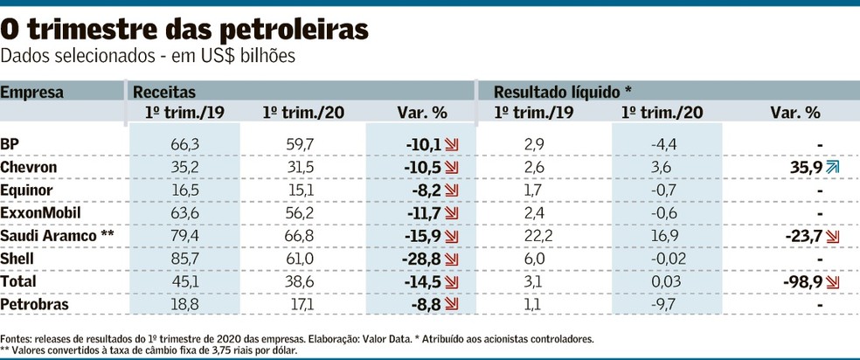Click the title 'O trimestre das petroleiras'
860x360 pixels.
[x=184, y=29]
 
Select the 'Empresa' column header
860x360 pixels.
[x=32, y=91]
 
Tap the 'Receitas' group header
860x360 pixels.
[x=163, y=91]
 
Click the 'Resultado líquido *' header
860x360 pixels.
[x=562, y=91]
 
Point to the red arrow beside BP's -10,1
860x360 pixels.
[x=453, y=143]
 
